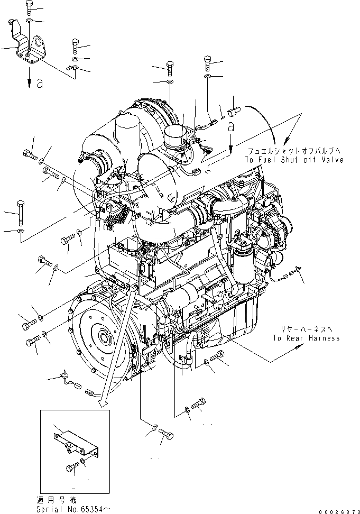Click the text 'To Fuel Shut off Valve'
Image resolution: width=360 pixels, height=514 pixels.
click(x=293, y=160)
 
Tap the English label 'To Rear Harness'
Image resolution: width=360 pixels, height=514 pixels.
click(x=306, y=338)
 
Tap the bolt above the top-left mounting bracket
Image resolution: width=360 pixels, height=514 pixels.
click(x=29, y=8)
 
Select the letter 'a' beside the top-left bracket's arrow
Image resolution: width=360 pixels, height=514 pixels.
click(x=39, y=83)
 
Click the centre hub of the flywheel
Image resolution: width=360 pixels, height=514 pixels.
click(x=101, y=336)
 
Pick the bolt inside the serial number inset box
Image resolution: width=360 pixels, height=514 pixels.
click(x=72, y=467)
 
